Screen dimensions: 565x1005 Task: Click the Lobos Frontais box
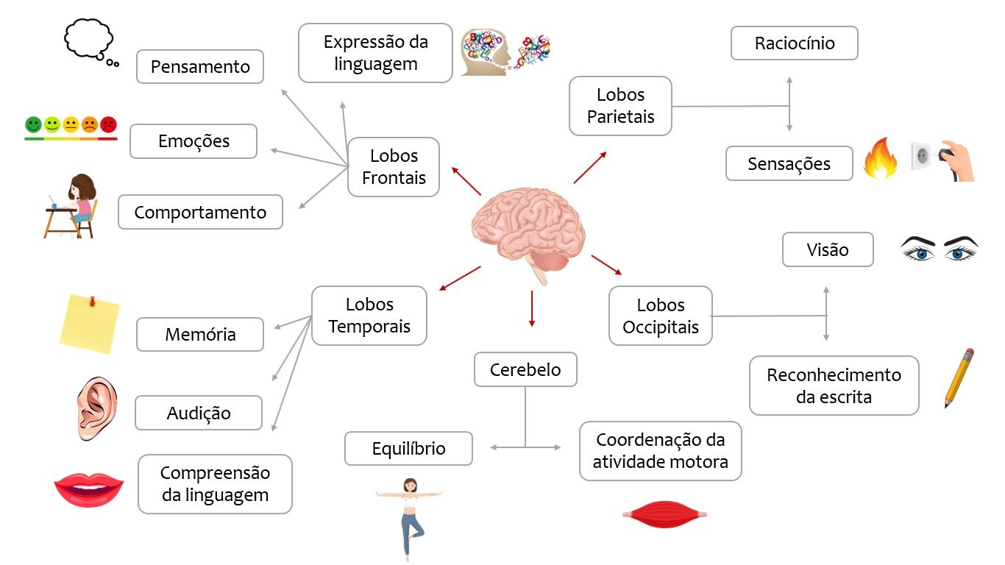tap(394, 167)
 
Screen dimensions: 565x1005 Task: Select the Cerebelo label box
tap(525, 369)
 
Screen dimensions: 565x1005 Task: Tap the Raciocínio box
tap(795, 43)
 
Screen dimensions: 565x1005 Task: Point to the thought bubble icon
tap(89, 40)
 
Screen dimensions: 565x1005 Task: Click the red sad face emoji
tap(108, 124)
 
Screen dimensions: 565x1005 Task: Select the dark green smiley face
tap(33, 124)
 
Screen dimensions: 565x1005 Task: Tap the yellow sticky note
tap(89, 323)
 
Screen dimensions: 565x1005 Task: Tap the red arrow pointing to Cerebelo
tap(531, 308)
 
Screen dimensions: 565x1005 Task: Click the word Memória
tap(200, 335)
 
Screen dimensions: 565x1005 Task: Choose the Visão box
tap(828, 250)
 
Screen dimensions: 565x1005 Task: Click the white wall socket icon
tap(923, 157)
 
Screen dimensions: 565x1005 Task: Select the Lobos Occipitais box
tap(661, 316)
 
